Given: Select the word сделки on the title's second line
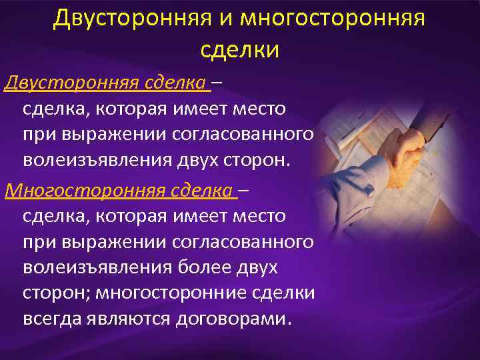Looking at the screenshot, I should (239, 49).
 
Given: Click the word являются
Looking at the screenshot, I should (129, 319).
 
